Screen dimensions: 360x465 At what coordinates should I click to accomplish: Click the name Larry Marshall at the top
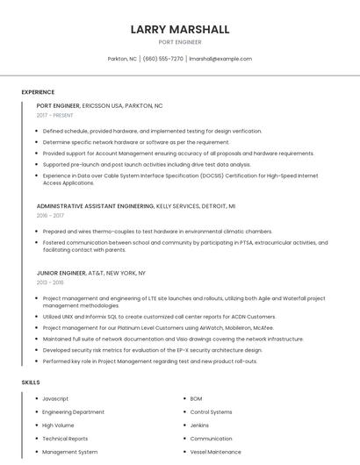click(x=180, y=30)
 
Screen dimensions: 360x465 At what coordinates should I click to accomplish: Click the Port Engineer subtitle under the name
click(x=180, y=42)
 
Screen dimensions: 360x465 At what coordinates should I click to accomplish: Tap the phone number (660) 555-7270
click(x=162, y=59)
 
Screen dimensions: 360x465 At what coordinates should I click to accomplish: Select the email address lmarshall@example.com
click(x=220, y=59)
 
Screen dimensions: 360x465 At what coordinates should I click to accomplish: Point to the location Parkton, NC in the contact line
click(x=122, y=59)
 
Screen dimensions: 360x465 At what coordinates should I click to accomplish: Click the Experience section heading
click(x=38, y=92)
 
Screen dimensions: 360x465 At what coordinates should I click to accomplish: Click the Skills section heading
click(x=31, y=383)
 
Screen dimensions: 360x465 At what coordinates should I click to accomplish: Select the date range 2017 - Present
click(x=56, y=115)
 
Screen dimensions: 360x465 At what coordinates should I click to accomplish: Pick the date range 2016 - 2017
click(x=50, y=215)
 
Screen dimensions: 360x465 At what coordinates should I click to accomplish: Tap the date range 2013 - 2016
click(x=50, y=283)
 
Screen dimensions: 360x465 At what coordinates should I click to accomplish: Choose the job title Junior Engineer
click(x=61, y=273)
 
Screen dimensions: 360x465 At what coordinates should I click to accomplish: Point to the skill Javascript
click(x=57, y=398)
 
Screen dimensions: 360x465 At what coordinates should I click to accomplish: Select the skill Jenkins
click(x=199, y=425)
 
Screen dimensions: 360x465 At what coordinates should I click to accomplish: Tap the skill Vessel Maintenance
click(x=215, y=452)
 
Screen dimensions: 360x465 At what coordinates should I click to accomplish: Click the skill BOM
click(x=196, y=398)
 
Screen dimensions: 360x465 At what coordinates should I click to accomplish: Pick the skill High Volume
click(x=58, y=425)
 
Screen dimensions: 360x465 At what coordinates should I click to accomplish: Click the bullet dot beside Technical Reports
click(x=35, y=439)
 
